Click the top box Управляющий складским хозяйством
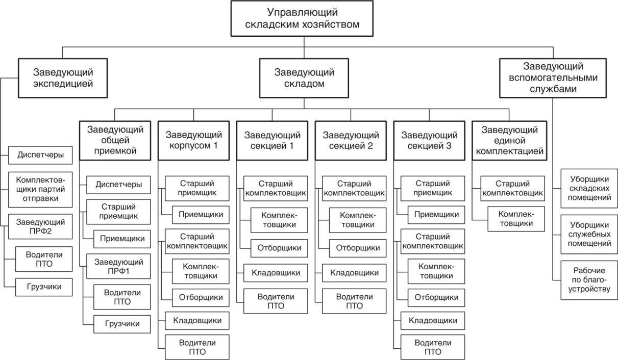pyautogui.click(x=303, y=18)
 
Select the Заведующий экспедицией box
pyautogui.click(x=63, y=78)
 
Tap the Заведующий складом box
pyautogui.click(x=304, y=78)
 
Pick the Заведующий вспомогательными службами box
pyautogui.click(x=553, y=78)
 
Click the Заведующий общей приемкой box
pyautogui.click(x=115, y=140)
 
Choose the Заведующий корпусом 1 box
pyautogui.click(x=193, y=140)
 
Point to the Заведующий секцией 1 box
pyautogui.click(x=272, y=140)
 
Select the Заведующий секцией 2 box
pyautogui.click(x=351, y=140)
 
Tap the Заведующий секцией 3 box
pyautogui.click(x=429, y=140)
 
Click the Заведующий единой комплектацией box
pyautogui.click(x=508, y=140)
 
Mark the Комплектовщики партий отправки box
pyautogui.click(x=41, y=189)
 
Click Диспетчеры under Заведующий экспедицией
pyautogui.click(x=41, y=155)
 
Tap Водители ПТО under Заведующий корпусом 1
pyautogui.click(x=197, y=347)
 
